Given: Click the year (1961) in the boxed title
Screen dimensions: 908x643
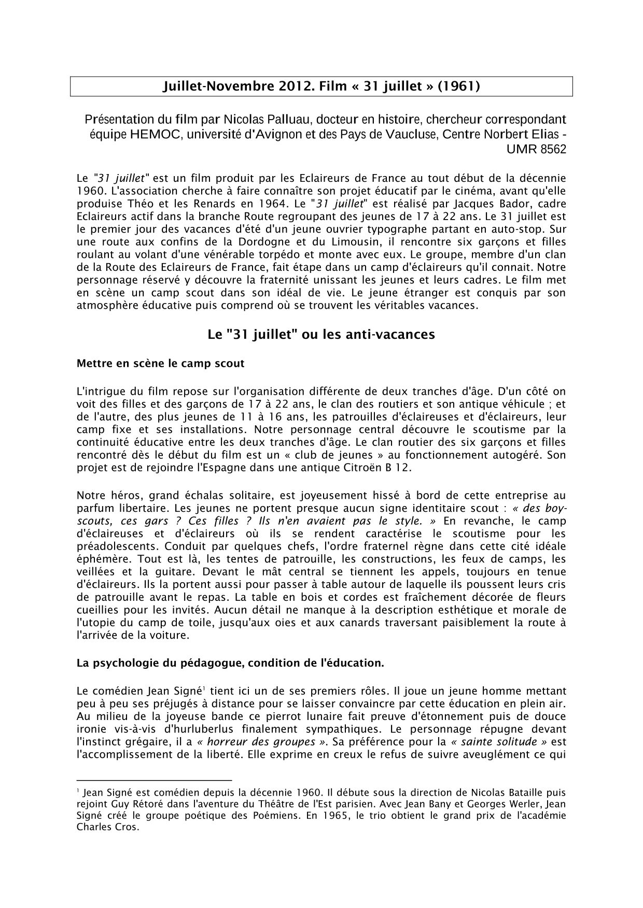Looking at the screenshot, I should coord(459,86).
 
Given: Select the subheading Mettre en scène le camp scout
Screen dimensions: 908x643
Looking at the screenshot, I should coord(160,363).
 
